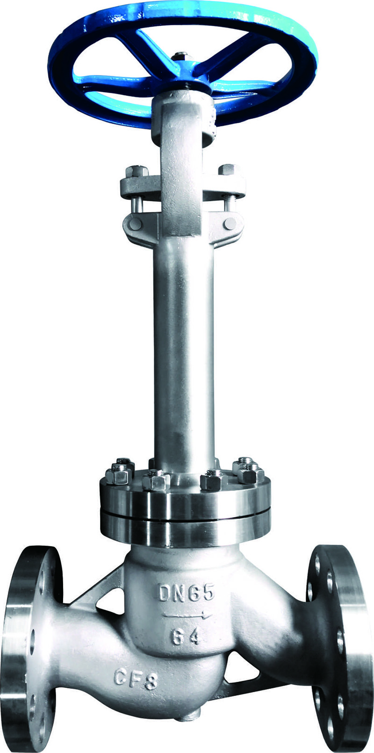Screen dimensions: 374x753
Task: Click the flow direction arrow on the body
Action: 187,615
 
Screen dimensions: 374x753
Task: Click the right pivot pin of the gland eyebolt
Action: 231,223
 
